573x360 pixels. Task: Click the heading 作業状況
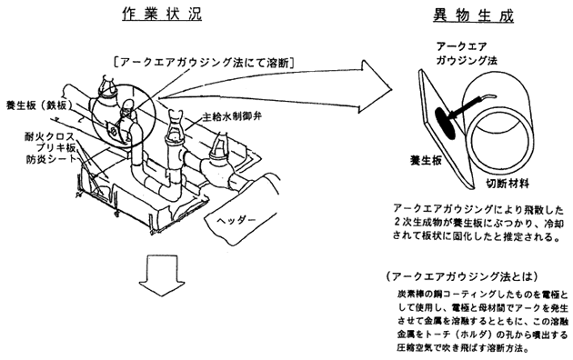(x=162, y=14)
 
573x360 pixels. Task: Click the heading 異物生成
(x=474, y=15)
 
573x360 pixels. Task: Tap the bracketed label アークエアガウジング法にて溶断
(x=204, y=63)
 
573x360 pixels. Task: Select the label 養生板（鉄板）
(x=36, y=105)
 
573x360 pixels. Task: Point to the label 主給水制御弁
(x=233, y=117)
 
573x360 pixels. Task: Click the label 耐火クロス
(x=49, y=137)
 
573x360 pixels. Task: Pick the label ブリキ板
(x=55, y=148)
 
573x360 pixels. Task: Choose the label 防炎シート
(x=51, y=159)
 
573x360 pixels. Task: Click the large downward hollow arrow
(x=162, y=275)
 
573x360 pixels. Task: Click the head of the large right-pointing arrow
(x=377, y=87)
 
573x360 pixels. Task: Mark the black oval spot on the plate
(x=446, y=124)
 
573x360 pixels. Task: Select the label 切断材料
(x=508, y=183)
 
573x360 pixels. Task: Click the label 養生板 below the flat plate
(x=426, y=161)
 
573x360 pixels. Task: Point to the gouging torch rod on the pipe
(x=471, y=105)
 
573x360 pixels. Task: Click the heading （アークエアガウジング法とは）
(x=462, y=276)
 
